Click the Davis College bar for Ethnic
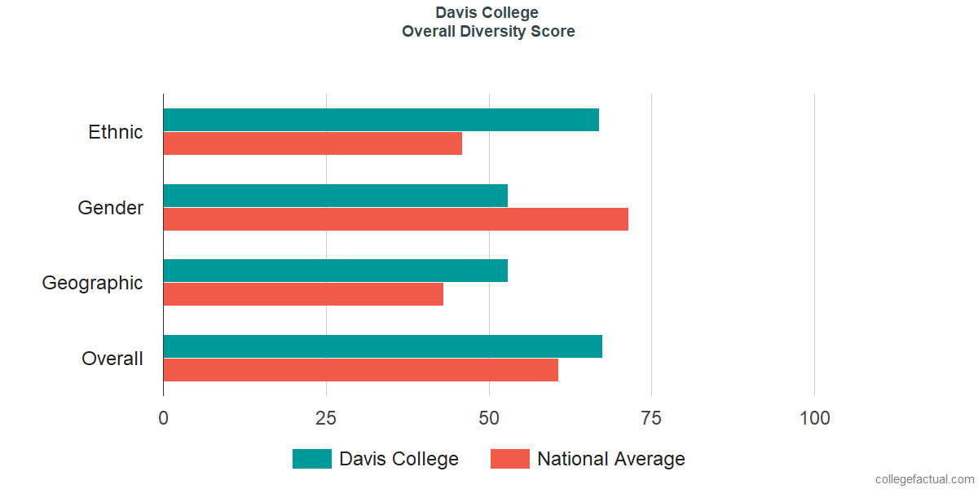click(x=381, y=120)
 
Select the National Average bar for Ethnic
click(x=312, y=143)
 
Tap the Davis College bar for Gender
click(x=335, y=196)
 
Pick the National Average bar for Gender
click(x=395, y=219)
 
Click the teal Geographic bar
click(x=335, y=271)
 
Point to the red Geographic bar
click(x=303, y=294)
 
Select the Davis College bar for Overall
click(x=382, y=346)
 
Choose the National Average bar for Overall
click(x=360, y=370)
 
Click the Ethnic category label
click(x=116, y=132)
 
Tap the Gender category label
click(x=111, y=208)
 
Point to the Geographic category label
click(x=93, y=283)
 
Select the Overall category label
click(x=112, y=359)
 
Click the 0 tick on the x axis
click(x=164, y=418)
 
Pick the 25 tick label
click(x=326, y=418)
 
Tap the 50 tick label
click(x=489, y=418)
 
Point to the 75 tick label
click(x=651, y=418)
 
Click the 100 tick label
click(x=814, y=418)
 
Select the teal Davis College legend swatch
click(x=311, y=459)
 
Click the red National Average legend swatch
click(x=509, y=459)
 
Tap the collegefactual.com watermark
click(x=924, y=479)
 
